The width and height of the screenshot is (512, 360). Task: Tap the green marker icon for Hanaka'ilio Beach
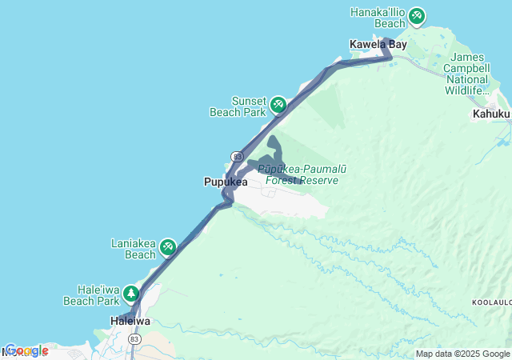click(416, 15)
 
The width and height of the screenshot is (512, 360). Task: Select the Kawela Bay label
click(378, 44)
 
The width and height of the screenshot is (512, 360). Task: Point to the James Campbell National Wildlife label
click(470, 74)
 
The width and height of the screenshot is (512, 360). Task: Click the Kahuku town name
click(490, 114)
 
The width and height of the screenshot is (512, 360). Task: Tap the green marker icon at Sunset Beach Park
click(278, 104)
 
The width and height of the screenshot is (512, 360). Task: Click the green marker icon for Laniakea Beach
click(167, 247)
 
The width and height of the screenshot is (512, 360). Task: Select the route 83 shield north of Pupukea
click(237, 156)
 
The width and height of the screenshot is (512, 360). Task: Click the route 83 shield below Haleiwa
click(134, 339)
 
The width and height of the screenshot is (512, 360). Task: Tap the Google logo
click(26, 350)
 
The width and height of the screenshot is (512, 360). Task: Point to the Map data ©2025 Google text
click(462, 354)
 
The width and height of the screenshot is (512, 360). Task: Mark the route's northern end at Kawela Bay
click(386, 39)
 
